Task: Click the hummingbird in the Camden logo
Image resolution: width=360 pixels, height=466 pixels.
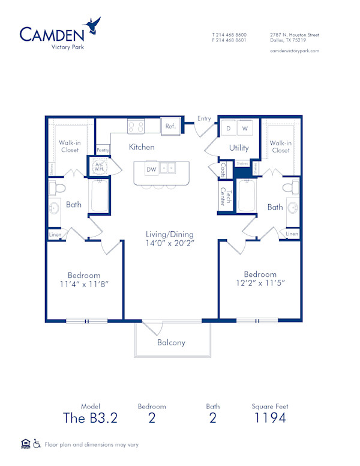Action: tap(93, 26)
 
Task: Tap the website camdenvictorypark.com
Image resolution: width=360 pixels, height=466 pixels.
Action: tap(295, 51)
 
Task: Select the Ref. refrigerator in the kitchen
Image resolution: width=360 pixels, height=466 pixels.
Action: tap(170, 126)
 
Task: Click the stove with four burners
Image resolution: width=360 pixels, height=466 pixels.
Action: tap(136, 127)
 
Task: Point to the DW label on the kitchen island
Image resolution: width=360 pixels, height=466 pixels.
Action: tap(151, 170)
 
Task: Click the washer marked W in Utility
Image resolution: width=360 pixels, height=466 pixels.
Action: tap(245, 129)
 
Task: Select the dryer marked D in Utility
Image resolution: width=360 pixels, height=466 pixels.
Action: tap(229, 129)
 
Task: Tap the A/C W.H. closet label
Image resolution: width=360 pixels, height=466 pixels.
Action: tap(98, 166)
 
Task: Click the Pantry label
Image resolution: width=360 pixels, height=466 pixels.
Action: tap(103, 150)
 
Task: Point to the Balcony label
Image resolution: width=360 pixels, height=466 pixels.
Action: tap(171, 343)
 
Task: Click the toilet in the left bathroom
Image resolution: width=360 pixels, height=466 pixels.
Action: tap(58, 189)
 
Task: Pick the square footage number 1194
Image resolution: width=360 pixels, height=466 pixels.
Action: tap(271, 419)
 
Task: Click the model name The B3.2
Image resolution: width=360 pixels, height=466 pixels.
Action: tap(90, 419)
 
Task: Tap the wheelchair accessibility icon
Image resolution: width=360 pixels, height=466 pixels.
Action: tap(36, 444)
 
